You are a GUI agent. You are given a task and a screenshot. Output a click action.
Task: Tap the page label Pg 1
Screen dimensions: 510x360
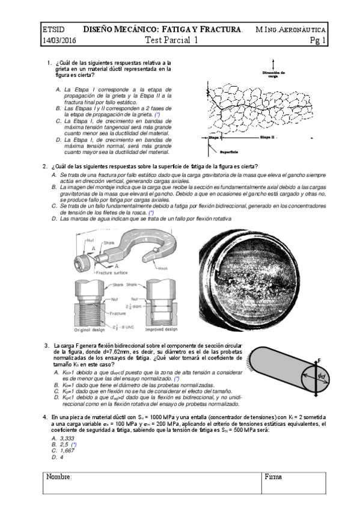[318, 41]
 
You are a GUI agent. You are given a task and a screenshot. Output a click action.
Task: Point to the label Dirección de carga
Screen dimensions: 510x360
[274, 74]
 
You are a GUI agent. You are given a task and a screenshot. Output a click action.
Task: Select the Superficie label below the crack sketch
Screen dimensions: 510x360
[231, 152]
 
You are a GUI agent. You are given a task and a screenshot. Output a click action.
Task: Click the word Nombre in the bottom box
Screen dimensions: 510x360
[59, 476]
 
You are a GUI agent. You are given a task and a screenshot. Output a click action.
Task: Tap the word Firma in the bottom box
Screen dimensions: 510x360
[273, 476]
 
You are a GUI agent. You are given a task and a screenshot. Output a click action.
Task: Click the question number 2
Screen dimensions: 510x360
[45, 166]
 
